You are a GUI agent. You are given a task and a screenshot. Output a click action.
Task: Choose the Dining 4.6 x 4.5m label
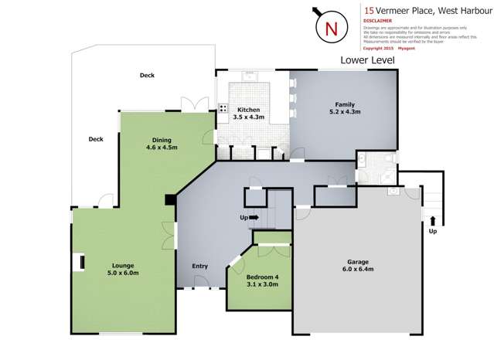pos(162,144)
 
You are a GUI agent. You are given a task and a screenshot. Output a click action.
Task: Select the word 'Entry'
pos(199,267)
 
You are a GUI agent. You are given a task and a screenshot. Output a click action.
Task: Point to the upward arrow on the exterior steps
pos(432,221)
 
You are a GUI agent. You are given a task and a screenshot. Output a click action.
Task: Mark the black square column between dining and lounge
pos(169,200)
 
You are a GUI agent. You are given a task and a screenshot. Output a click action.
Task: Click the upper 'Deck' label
pos(147,76)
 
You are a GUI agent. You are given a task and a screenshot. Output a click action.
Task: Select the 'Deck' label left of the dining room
pos(96,140)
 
